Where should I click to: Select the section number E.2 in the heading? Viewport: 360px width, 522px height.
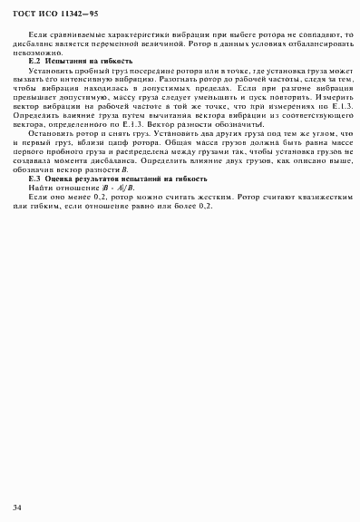click(35, 60)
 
